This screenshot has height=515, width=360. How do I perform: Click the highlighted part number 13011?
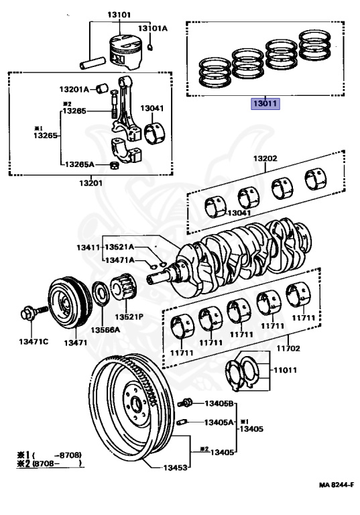click(265, 104)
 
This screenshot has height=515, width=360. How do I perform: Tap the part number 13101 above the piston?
click(119, 15)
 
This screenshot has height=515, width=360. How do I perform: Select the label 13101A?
click(152, 29)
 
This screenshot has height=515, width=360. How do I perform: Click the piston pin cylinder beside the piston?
click(93, 63)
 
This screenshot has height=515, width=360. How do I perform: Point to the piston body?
click(126, 52)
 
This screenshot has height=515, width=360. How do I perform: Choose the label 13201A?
click(74, 89)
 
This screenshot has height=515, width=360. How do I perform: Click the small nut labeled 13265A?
click(114, 166)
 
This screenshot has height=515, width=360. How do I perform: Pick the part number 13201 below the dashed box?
click(91, 183)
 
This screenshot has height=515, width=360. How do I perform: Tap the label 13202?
click(265, 158)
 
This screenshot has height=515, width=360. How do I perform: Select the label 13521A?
click(119, 247)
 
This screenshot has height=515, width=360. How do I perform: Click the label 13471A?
click(119, 260)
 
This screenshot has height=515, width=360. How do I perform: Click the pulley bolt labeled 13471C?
click(34, 313)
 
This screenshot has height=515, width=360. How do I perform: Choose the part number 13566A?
click(105, 330)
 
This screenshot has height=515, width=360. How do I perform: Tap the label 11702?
click(288, 348)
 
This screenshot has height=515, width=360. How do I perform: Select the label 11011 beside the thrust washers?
click(285, 370)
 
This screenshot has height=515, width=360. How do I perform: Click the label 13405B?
click(219, 403)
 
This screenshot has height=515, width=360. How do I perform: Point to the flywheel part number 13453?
click(176, 467)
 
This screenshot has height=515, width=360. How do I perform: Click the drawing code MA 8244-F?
click(337, 485)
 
